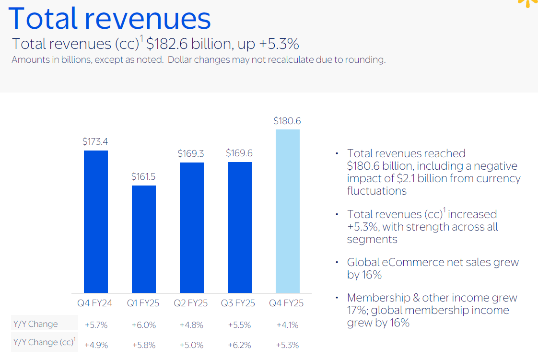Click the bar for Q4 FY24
[96, 221]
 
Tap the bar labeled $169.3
[192, 227]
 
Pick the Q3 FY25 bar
[240, 227]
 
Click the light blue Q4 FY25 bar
[288, 211]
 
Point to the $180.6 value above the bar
[287, 121]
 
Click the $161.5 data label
[143, 176]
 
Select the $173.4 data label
[95, 141]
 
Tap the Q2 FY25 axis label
[191, 303]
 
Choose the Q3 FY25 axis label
[238, 303]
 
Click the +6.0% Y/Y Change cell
[143, 325]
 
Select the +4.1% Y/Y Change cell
[287, 325]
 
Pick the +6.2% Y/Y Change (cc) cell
[239, 345]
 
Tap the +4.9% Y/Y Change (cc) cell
[96, 345]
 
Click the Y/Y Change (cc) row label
[44, 342]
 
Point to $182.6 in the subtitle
[167, 44]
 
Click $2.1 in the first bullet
[409, 178]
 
